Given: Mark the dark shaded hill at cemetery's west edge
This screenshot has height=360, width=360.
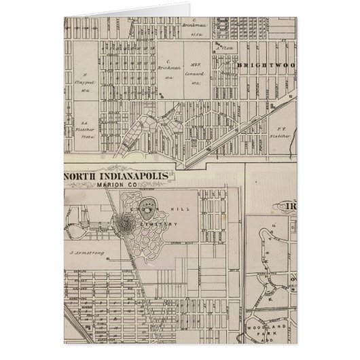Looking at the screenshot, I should [x=127, y=222].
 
